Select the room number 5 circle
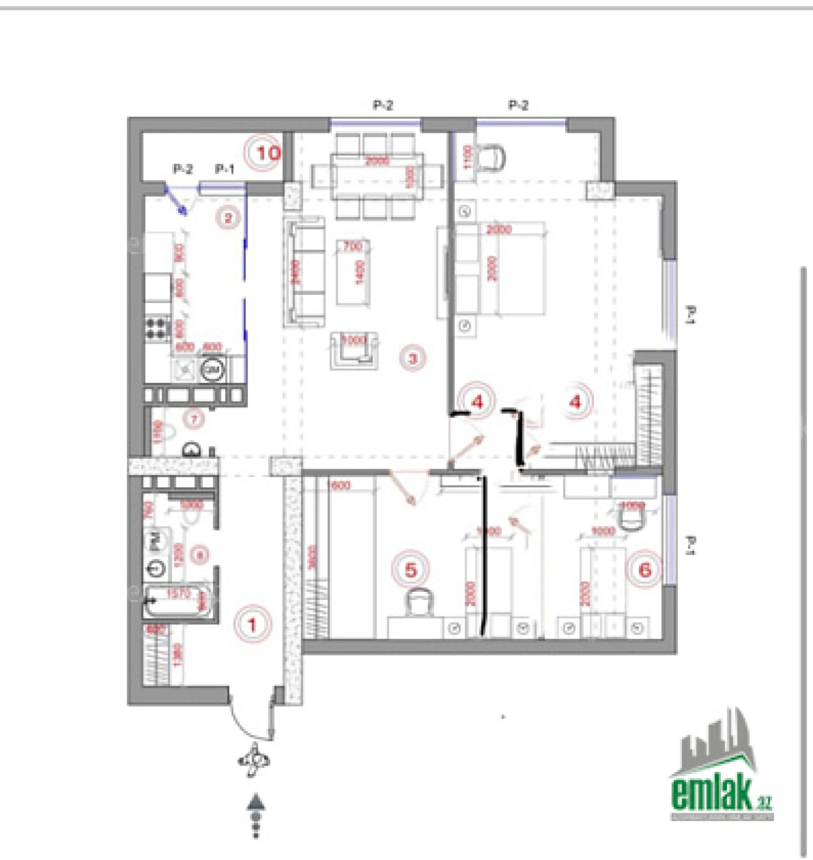coord(411,569)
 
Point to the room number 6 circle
coord(644,570)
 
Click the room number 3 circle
coord(412,358)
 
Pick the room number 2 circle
coord(228,218)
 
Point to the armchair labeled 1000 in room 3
coord(353,349)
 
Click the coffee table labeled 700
coord(353,272)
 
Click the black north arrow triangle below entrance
coord(256,802)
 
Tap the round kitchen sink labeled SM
coord(212,370)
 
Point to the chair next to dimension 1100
coord(491,157)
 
